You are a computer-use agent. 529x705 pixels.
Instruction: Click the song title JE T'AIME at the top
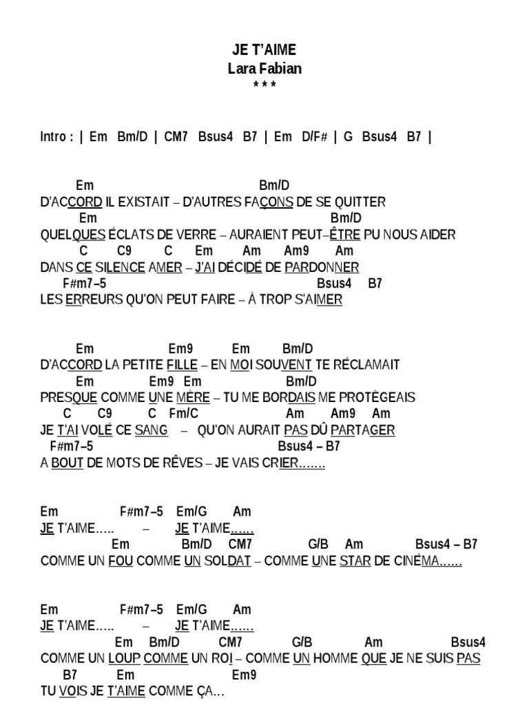[264, 50]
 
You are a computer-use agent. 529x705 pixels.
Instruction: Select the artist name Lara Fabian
[264, 68]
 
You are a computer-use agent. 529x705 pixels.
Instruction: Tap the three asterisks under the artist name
[264, 85]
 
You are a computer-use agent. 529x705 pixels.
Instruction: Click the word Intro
[55, 136]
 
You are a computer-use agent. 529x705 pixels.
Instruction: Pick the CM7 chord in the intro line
[176, 136]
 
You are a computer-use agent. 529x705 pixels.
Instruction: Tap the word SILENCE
[120, 267]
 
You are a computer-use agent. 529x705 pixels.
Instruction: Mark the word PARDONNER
[322, 267]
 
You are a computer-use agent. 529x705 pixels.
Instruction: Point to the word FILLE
[182, 365]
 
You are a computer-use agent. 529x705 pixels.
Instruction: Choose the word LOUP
[125, 658]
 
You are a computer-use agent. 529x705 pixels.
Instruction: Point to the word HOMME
[335, 658]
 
